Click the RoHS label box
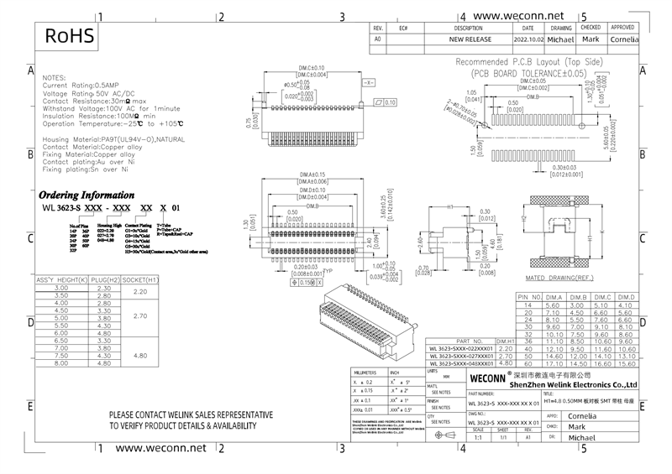[x=71, y=36]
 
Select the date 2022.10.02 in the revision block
[x=528, y=39]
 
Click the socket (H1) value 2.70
[x=140, y=317]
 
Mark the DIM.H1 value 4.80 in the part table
[x=506, y=363]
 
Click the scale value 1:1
[x=478, y=438]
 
